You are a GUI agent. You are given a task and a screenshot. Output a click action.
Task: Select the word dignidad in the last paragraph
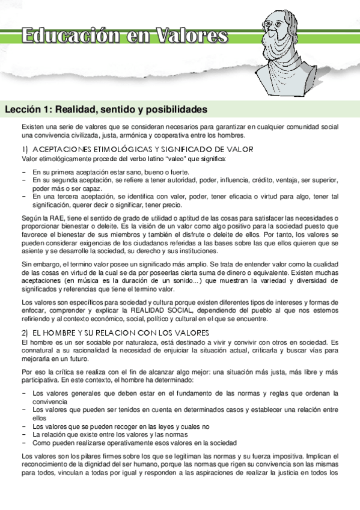coord(106,463)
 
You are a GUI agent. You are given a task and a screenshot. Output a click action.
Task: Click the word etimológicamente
coord(65,159)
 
